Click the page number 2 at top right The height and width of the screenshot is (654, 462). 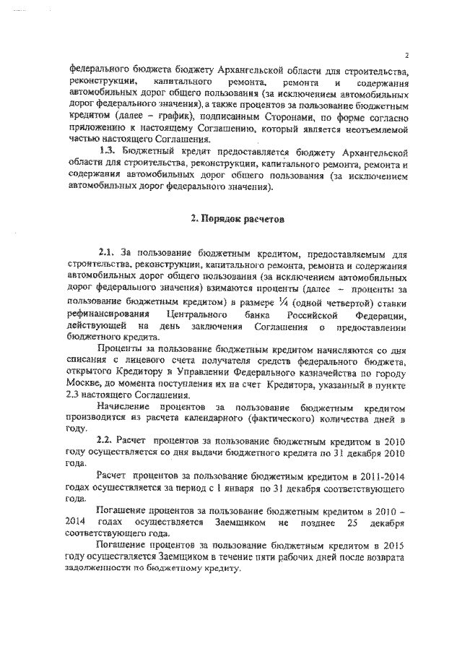[x=407, y=55]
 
